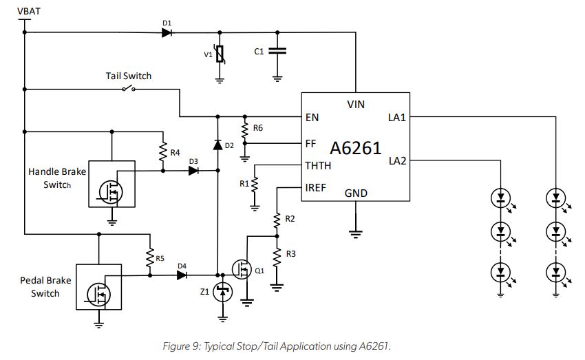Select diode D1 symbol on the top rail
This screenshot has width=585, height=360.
click(x=167, y=32)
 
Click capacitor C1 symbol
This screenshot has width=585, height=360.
click(x=277, y=51)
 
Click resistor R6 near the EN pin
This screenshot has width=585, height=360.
click(x=244, y=129)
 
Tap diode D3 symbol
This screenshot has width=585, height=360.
click(x=193, y=171)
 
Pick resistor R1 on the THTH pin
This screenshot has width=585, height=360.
click(x=255, y=184)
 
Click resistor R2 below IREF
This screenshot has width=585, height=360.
click(x=277, y=220)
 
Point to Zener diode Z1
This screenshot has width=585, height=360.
click(x=222, y=292)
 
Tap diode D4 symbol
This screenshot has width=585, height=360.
click(x=182, y=275)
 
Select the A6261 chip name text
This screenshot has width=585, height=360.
click(x=355, y=148)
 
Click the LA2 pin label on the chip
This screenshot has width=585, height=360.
click(x=397, y=160)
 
